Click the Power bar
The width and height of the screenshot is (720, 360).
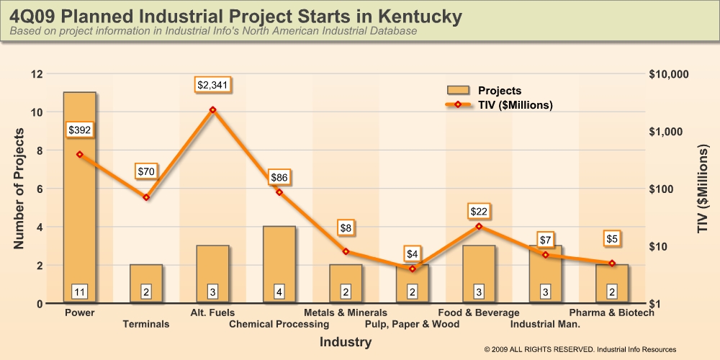pyautogui.click(x=79, y=197)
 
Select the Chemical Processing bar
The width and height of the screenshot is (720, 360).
pyautogui.click(x=279, y=264)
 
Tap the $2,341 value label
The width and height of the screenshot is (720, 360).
pyautogui.click(x=212, y=85)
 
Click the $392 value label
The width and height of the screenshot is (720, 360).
pyautogui.click(x=79, y=130)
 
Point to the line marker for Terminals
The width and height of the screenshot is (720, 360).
pyautogui.click(x=146, y=197)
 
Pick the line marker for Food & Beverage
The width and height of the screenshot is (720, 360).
pyautogui.click(x=479, y=226)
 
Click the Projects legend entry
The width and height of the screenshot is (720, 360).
pyautogui.click(x=484, y=91)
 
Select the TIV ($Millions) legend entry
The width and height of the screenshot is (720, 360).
pyautogui.click(x=499, y=104)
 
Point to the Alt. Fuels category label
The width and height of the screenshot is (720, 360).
pyautogui.click(x=212, y=312)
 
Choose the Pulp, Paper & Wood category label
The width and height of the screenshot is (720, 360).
pyautogui.click(x=412, y=324)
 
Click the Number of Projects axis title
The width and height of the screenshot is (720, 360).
pyautogui.click(x=19, y=189)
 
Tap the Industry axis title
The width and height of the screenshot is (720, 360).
pyautogui.click(x=346, y=342)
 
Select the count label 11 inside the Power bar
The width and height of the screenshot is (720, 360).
pyautogui.click(x=79, y=291)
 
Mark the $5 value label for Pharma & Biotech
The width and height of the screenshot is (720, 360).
pyautogui.click(x=612, y=239)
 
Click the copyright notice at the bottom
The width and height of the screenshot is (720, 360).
pyautogui.click(x=580, y=349)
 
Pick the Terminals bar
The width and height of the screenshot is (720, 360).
pyautogui.click(x=146, y=284)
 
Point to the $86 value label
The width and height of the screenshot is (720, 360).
pyautogui.click(x=279, y=177)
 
